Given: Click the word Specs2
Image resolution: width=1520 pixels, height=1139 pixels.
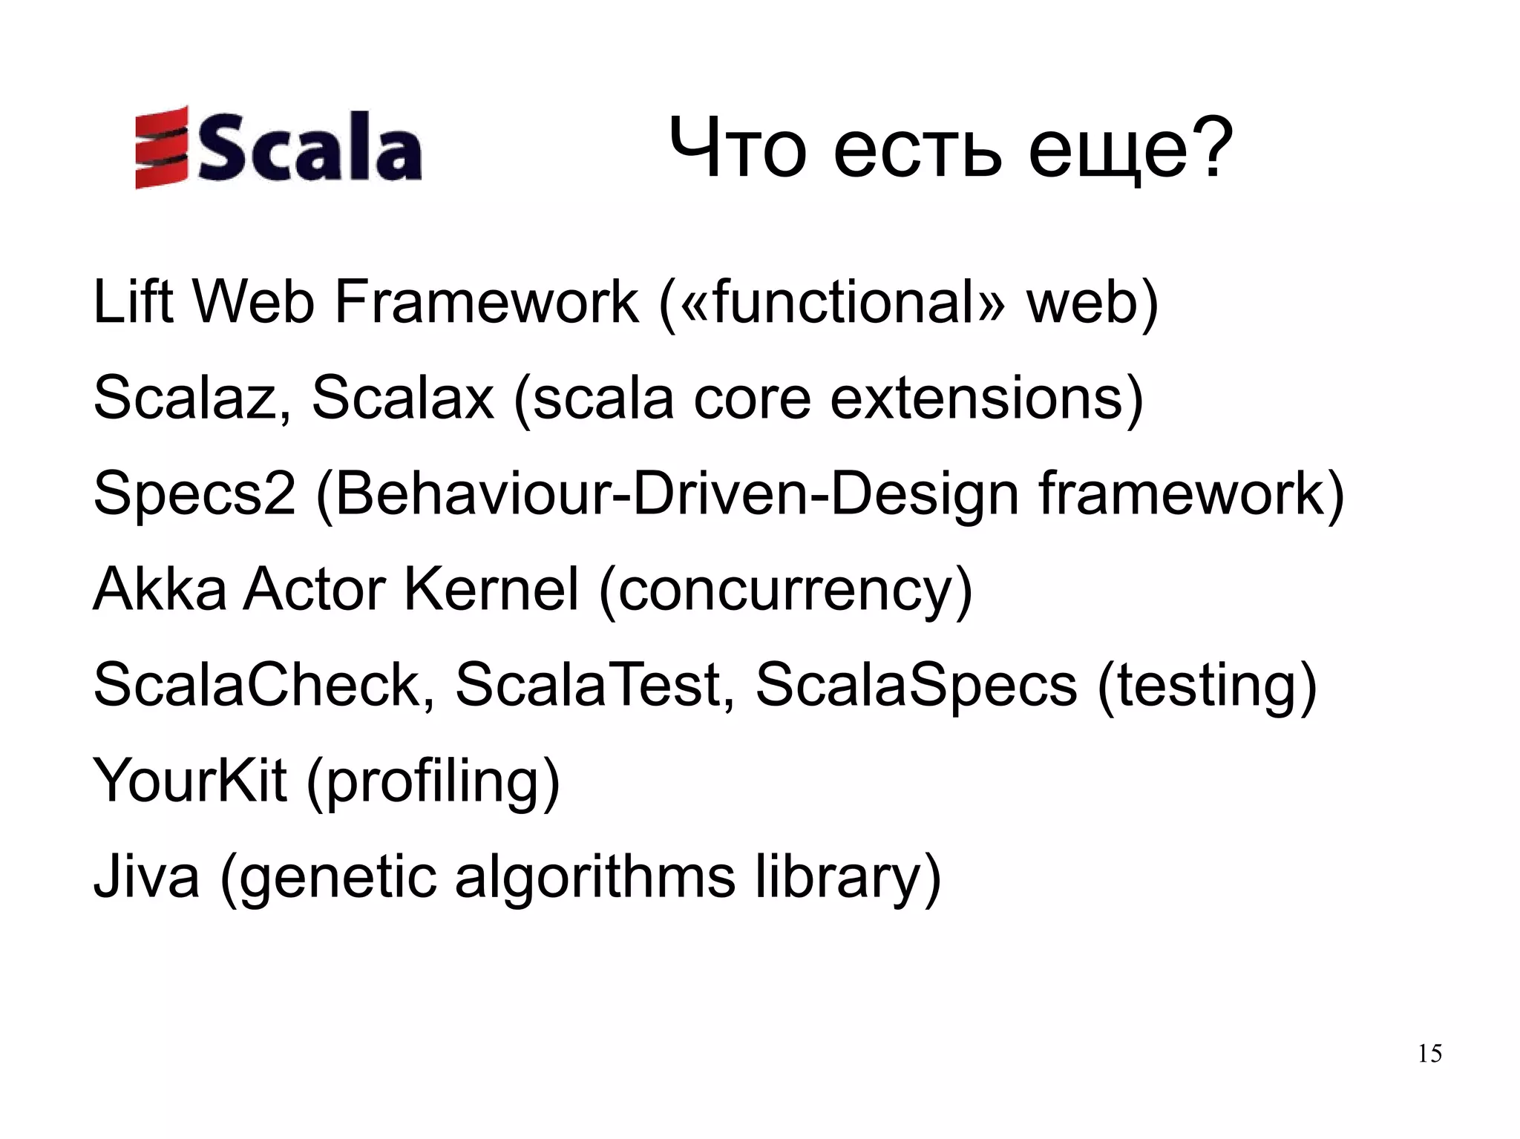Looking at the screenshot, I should click(194, 494).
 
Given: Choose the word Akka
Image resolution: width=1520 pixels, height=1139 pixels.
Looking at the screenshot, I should click(160, 589).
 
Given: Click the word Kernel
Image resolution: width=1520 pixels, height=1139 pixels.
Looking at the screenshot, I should click(490, 589).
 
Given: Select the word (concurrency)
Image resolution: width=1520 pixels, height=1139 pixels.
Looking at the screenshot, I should click(785, 591).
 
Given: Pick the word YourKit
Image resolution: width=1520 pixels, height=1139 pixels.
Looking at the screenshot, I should click(189, 781).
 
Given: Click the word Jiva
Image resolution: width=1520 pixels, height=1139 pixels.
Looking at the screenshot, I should click(146, 876).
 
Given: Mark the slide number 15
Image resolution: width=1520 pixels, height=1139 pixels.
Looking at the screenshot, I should click(1429, 1054).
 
